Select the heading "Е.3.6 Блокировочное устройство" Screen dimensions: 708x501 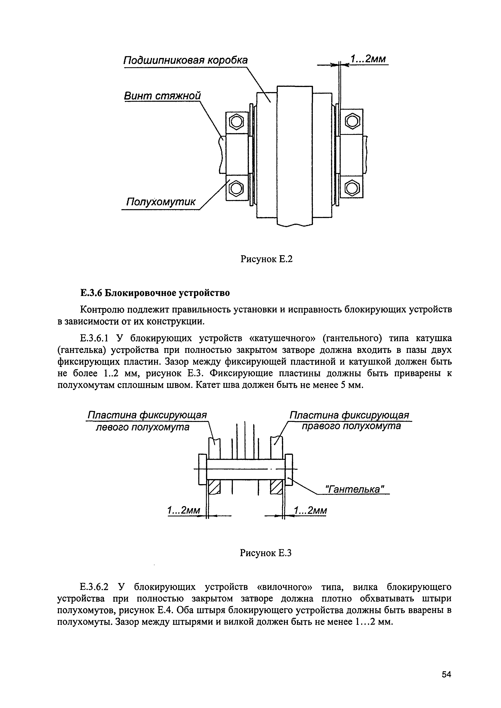155,293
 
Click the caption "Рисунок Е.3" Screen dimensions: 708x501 265,554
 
